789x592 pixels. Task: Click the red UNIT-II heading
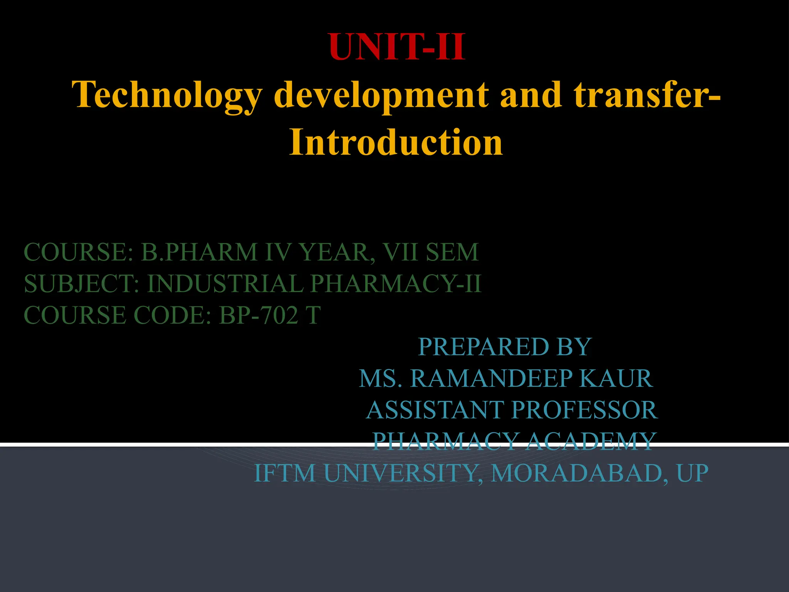[x=397, y=47]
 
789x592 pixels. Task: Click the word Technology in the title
[x=166, y=96]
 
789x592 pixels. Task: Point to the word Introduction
[x=396, y=142]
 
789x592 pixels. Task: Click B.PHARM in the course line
[x=199, y=252]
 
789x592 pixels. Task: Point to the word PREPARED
[x=479, y=347]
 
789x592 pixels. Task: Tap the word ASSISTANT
[x=435, y=410]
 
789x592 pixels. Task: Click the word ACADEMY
[x=590, y=441]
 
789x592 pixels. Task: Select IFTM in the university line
[x=285, y=473]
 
